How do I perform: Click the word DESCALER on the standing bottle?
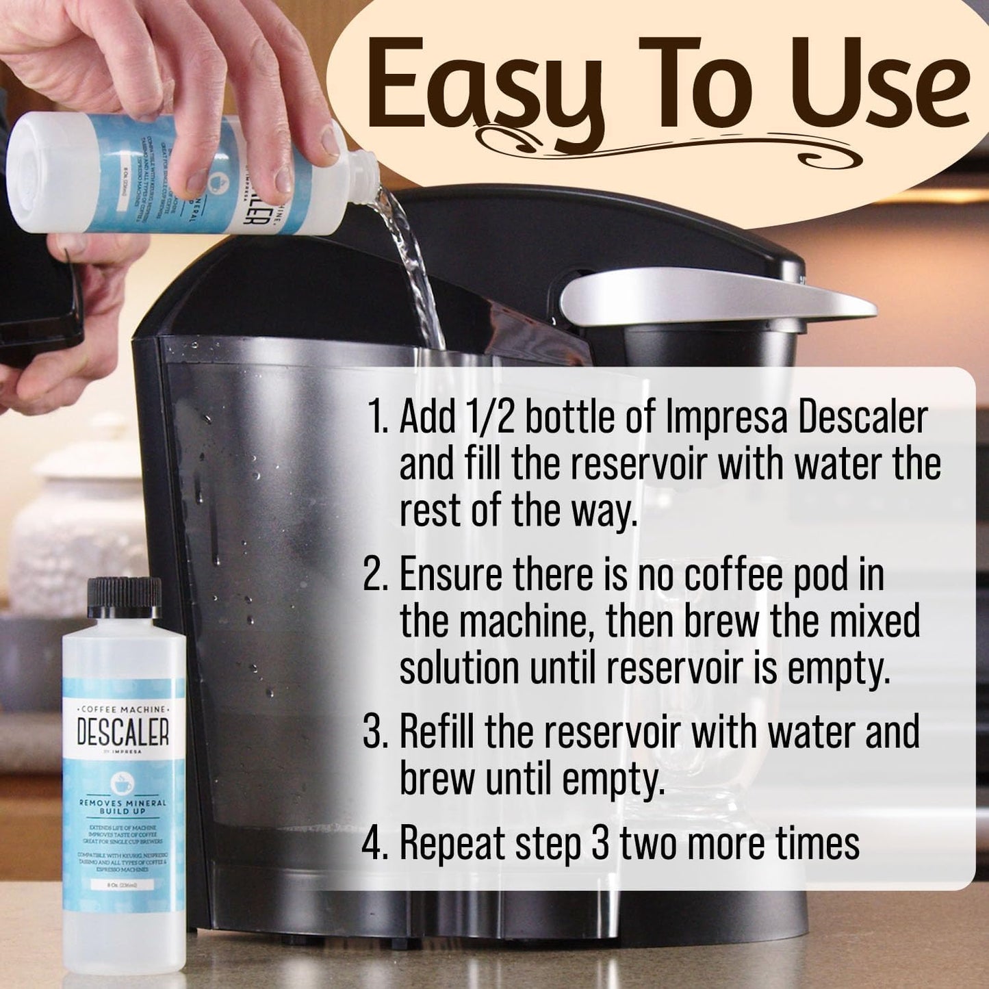[123, 733]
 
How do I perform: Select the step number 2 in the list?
[376, 575]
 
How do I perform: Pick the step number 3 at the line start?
[376, 732]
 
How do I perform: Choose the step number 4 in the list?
[376, 843]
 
